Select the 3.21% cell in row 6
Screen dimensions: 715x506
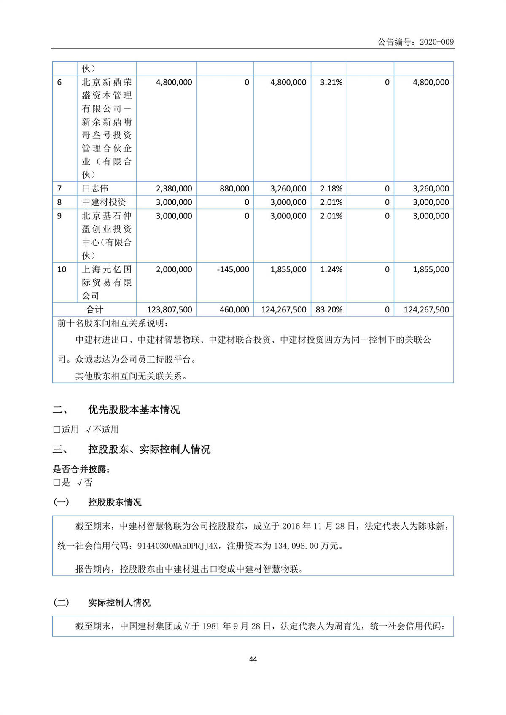[331, 82]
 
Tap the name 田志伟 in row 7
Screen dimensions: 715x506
[95, 188]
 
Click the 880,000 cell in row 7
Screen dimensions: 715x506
[234, 188]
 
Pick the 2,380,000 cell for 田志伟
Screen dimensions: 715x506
[174, 188]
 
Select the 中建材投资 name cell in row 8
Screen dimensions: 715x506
[104, 202]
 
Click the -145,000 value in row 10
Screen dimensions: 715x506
[233, 269]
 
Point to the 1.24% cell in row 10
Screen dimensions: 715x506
[331, 269]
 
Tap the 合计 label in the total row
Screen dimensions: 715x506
[94, 309]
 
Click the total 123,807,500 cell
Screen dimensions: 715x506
[170, 309]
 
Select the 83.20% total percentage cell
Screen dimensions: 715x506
[329, 309]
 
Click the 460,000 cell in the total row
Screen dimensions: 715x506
[234, 309]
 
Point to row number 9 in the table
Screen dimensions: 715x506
[59, 216]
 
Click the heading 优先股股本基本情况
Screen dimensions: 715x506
[134, 409]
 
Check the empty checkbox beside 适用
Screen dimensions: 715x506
[57, 430]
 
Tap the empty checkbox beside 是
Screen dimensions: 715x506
[57, 482]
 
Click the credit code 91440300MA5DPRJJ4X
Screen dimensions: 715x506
[178, 546]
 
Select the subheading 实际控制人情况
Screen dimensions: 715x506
[119, 603]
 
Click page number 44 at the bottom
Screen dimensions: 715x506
[253, 659]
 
